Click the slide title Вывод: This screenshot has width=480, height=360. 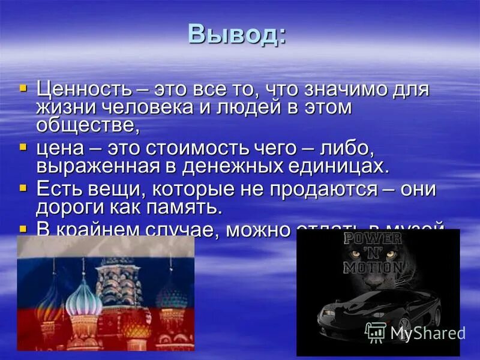coord(237,34)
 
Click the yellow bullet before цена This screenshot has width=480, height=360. coord(23,146)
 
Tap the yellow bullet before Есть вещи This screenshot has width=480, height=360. coord(23,188)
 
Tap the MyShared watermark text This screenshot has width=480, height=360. coord(427,333)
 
